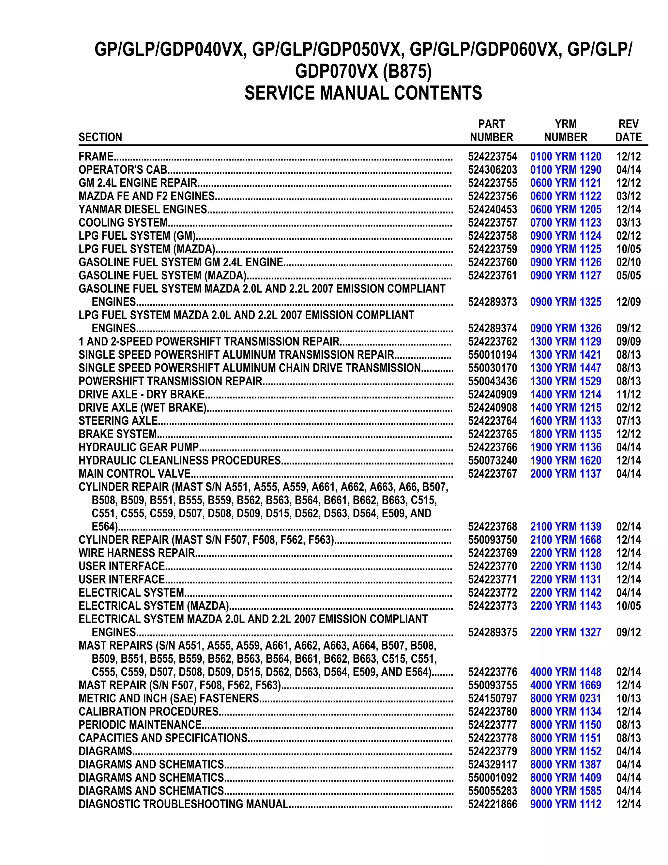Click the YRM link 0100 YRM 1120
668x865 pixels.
pyautogui.click(x=566, y=156)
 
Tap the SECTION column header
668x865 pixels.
pyautogui.click(x=100, y=137)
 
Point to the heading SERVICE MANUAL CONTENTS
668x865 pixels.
pyautogui.click(x=363, y=93)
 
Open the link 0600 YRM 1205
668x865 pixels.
pyautogui.click(x=566, y=210)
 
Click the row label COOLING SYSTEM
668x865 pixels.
pyautogui.click(x=123, y=223)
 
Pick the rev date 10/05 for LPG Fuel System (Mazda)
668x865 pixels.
pyautogui.click(x=628, y=249)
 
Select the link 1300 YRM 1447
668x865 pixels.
pyautogui.click(x=566, y=368)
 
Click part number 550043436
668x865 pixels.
pyautogui.click(x=492, y=381)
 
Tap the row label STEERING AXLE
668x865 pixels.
pyautogui.click(x=118, y=421)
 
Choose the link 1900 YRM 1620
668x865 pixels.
pyautogui.click(x=566, y=460)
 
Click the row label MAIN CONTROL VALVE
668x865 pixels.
pyautogui.click(x=135, y=474)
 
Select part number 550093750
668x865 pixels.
pyautogui.click(x=492, y=540)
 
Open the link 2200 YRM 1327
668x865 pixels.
pyautogui.click(x=566, y=632)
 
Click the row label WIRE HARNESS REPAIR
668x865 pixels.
pyautogui.click(x=137, y=553)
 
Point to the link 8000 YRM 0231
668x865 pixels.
pyautogui.click(x=566, y=698)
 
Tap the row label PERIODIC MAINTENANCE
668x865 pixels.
pyautogui.click(x=140, y=725)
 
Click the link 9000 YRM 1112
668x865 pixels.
pyautogui.click(x=566, y=804)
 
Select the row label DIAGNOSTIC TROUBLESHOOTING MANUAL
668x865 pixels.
pyautogui.click(x=183, y=804)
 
